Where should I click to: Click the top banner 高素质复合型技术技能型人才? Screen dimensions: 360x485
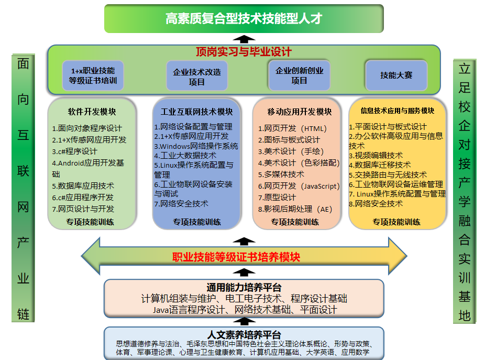(244, 19)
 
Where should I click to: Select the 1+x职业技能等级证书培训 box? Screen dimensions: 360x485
(93, 75)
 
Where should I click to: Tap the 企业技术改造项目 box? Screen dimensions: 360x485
(197, 77)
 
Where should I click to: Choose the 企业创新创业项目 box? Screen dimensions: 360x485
(299, 75)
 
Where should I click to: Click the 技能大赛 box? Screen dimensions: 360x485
(396, 75)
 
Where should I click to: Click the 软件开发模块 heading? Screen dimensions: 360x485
(92, 112)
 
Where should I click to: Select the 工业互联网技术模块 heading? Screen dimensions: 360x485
(197, 112)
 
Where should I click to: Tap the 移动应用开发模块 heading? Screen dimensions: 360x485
(300, 112)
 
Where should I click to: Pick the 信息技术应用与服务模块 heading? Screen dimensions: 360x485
(398, 111)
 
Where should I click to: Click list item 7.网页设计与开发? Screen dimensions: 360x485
(83, 209)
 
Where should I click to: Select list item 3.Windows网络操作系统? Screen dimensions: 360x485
(196, 146)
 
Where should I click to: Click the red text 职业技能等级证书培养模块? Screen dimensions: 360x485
(236, 257)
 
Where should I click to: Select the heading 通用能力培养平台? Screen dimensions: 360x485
(244, 287)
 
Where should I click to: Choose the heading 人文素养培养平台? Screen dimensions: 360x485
(244, 335)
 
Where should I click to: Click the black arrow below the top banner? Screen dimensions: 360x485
(244, 38)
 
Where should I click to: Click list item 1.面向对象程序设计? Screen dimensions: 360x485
(87, 128)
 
